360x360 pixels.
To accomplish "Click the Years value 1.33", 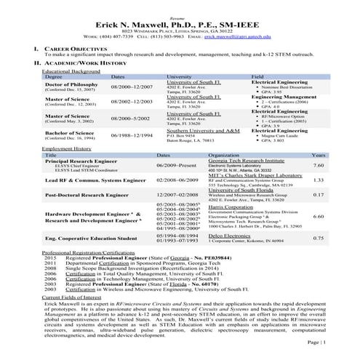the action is pos(318,180).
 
